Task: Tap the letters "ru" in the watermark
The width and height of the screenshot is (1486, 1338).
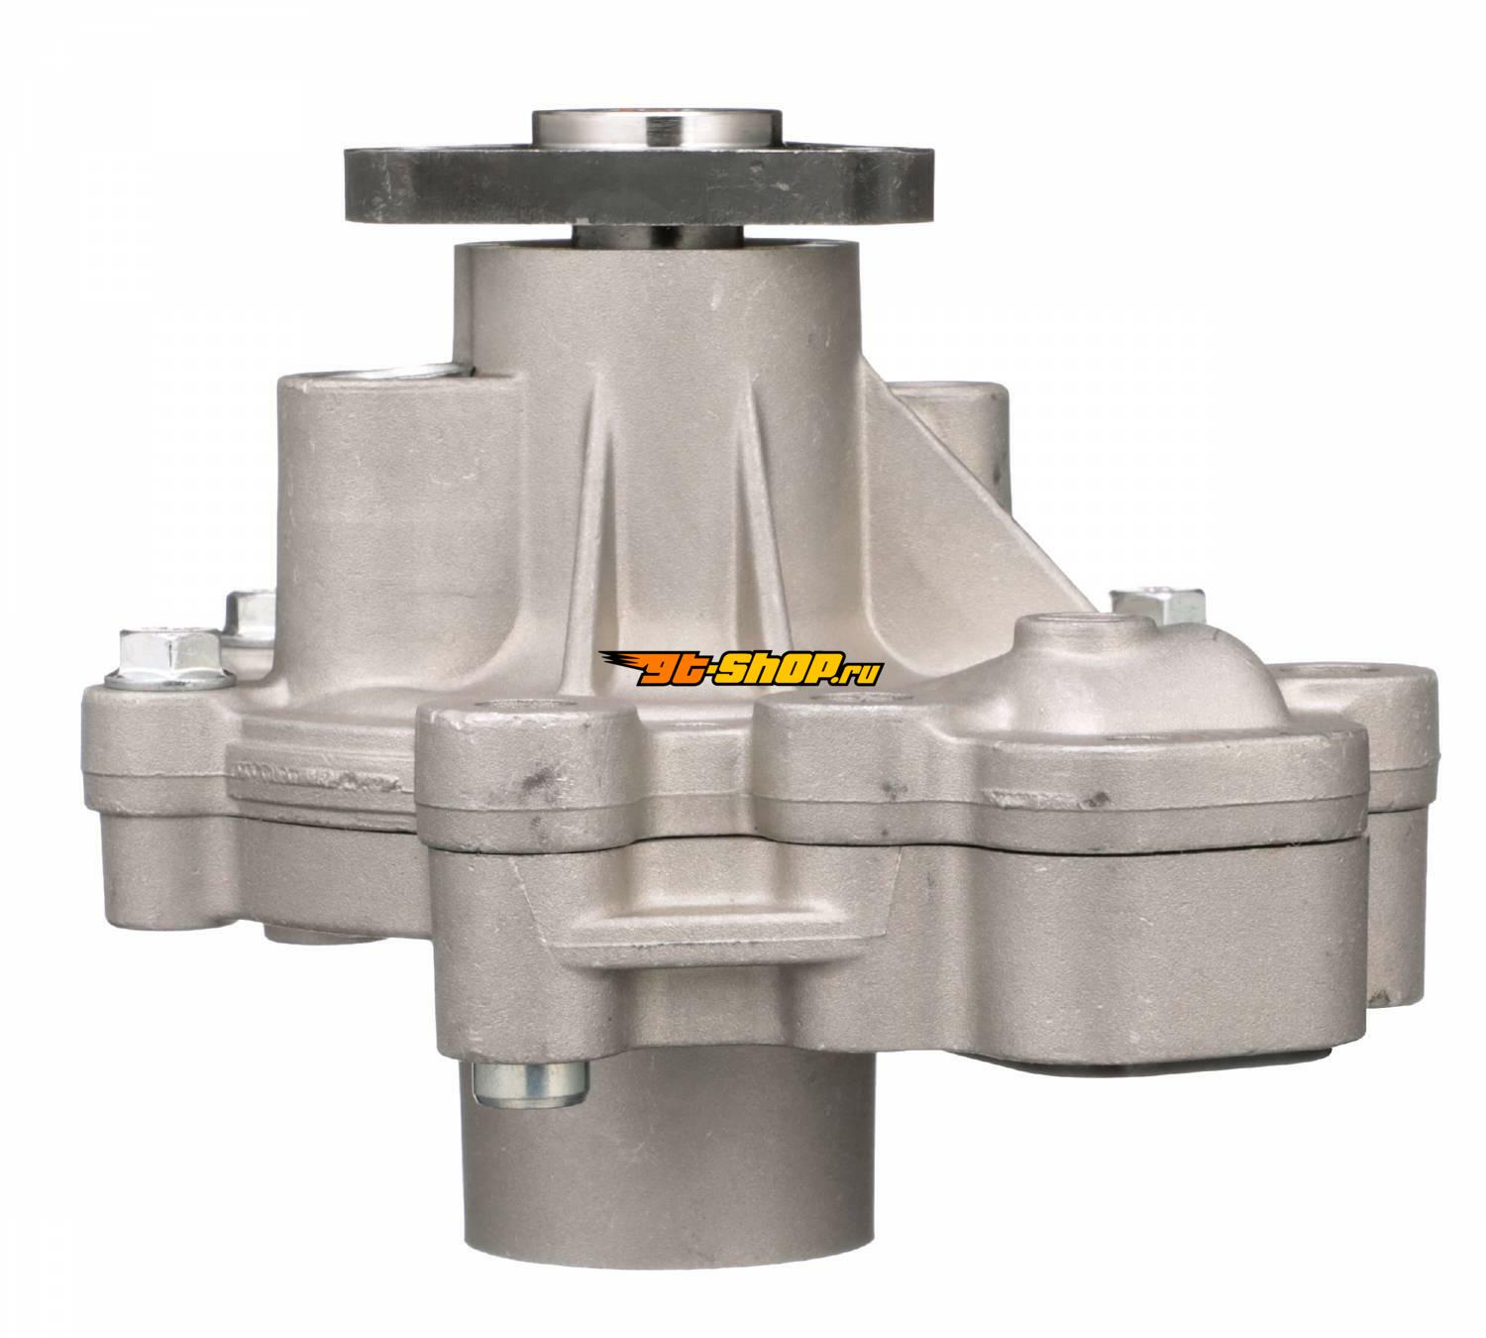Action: [x=865, y=672]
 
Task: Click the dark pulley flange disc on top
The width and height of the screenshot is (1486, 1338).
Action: [x=638, y=183]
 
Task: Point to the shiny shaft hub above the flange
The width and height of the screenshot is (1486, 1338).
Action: [x=657, y=129]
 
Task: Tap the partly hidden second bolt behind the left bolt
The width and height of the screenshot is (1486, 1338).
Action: [x=251, y=619]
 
